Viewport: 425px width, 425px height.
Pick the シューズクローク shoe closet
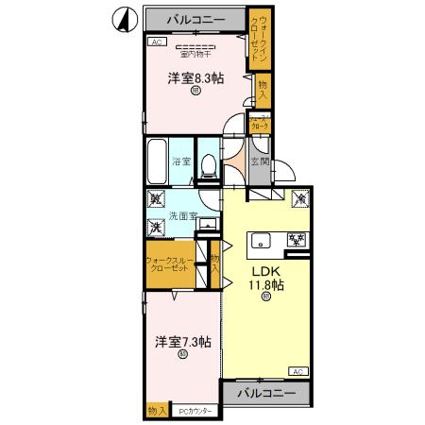pyautogui.click(x=259, y=122)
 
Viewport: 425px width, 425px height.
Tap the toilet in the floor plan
pyautogui.click(x=210, y=164)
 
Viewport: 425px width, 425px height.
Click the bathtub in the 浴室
pyautogui.click(x=157, y=161)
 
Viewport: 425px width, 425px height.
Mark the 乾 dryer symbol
pyautogui.click(x=154, y=201)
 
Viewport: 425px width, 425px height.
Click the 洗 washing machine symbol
pyautogui.click(x=154, y=227)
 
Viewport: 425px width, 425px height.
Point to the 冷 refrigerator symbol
pyautogui.click(x=299, y=200)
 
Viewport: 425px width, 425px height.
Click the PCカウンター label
pyautogui.click(x=196, y=411)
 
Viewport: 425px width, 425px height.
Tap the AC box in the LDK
pyautogui.click(x=296, y=370)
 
